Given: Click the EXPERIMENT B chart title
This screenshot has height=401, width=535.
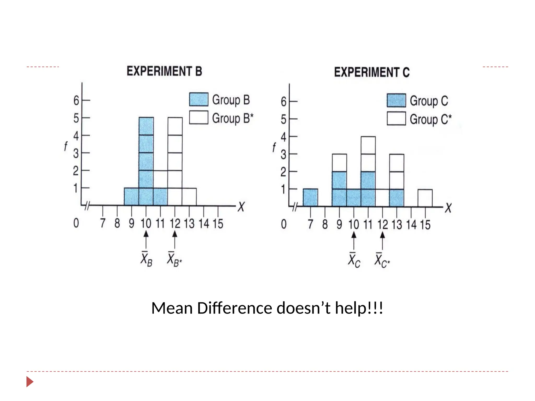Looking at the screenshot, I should (x=164, y=71).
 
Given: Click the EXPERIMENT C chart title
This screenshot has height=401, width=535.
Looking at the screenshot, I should (x=372, y=72).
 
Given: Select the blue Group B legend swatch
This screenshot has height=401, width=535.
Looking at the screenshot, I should (x=199, y=99).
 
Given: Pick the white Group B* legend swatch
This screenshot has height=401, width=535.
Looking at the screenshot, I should (x=199, y=117).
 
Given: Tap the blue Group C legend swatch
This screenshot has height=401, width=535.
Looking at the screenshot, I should (x=396, y=101).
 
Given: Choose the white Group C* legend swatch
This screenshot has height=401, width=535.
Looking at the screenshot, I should (x=396, y=119).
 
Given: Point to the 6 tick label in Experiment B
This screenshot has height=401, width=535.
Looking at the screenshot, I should (x=76, y=101).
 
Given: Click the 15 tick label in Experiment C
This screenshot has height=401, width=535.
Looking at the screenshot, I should (x=425, y=225).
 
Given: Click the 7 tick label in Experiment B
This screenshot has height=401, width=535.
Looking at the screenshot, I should (x=103, y=223).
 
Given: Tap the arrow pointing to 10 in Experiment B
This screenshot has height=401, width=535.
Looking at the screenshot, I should (x=146, y=239).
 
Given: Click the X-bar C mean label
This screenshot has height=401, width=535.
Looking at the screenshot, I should (x=354, y=260).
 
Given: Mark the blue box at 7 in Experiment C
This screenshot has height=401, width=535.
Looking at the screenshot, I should (x=310, y=198).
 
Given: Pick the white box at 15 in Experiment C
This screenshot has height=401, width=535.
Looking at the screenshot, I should (x=425, y=198).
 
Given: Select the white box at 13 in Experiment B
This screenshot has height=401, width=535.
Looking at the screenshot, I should (x=189, y=197).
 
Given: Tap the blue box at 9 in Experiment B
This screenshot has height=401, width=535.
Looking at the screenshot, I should (x=131, y=197).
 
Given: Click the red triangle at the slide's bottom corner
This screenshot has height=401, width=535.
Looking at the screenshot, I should (x=30, y=382).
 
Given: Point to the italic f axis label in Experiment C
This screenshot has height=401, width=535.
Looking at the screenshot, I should (x=274, y=147).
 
